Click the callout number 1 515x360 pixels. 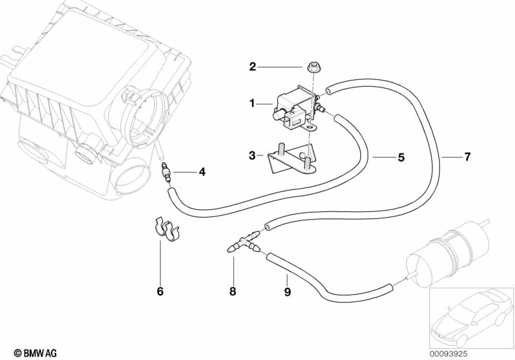click(253, 102)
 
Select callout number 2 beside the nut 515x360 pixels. click(253, 66)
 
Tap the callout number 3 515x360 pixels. click(253, 155)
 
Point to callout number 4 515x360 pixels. click(202, 172)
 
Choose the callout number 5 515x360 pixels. click(400, 156)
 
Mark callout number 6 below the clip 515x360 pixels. click(160, 292)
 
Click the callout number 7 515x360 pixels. click(467, 156)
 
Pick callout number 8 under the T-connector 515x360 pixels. click(233, 292)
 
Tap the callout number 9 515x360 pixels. click(287, 292)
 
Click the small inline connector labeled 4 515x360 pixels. click(167, 173)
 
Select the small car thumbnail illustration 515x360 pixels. click(471, 315)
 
